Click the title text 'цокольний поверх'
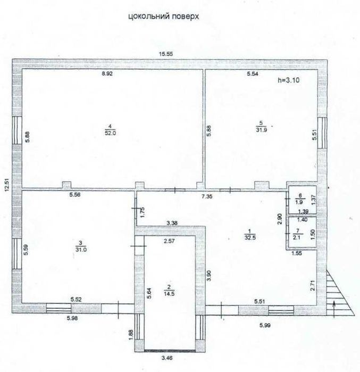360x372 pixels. click(x=164, y=16)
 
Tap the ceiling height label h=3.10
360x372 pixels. click(x=288, y=80)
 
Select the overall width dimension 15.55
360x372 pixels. click(x=166, y=54)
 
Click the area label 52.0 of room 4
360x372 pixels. click(x=110, y=133)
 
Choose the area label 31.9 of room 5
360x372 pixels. click(x=261, y=129)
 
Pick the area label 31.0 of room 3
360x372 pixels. click(x=81, y=250)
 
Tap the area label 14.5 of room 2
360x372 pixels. click(x=169, y=293)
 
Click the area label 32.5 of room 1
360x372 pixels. click(x=250, y=237)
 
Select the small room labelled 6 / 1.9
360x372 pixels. click(x=302, y=200)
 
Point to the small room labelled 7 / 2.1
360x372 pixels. click(x=302, y=233)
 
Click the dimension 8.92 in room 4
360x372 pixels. click(x=107, y=73)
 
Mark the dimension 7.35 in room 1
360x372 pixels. click(x=207, y=196)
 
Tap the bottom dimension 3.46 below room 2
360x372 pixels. click(x=167, y=358)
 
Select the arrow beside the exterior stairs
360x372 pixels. click(x=334, y=309)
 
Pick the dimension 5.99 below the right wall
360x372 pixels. click(x=265, y=325)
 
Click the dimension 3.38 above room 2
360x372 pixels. click(x=172, y=223)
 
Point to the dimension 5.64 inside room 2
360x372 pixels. click(x=149, y=293)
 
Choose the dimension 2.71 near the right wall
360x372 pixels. click(x=313, y=285)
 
